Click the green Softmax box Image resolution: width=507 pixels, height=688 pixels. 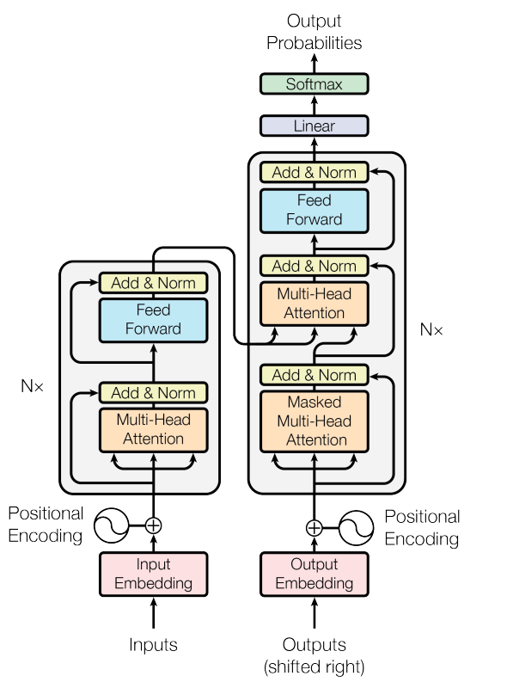click(x=314, y=83)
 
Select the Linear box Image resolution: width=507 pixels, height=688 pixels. click(x=314, y=126)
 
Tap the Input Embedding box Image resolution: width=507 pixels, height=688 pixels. click(x=153, y=574)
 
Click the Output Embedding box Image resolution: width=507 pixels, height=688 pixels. click(x=314, y=574)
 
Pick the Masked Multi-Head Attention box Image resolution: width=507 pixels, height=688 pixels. click(x=314, y=421)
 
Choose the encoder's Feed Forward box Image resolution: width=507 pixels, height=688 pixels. click(x=153, y=320)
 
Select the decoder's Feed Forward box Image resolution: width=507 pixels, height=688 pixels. click(x=314, y=211)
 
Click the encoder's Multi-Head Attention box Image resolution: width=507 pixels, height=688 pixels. click(x=153, y=430)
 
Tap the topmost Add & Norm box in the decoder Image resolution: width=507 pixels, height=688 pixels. click(x=314, y=172)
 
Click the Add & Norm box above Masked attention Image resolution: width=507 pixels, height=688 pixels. click(x=314, y=375)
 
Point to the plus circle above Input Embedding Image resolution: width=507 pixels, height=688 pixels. click(x=153, y=525)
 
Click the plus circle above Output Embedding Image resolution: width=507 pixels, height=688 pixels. click(x=314, y=528)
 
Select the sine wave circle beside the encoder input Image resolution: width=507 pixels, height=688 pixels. click(x=112, y=525)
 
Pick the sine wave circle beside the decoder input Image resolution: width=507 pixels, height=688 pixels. click(x=356, y=528)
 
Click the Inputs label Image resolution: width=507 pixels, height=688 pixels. click(x=153, y=644)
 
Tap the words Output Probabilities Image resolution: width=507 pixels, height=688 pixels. click(x=314, y=32)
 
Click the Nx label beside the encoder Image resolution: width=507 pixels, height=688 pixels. click(x=32, y=386)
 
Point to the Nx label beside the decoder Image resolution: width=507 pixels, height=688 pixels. click(x=431, y=329)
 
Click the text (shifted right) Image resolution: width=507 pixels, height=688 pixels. click(x=314, y=666)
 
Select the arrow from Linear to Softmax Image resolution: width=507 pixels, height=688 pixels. click(x=314, y=105)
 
